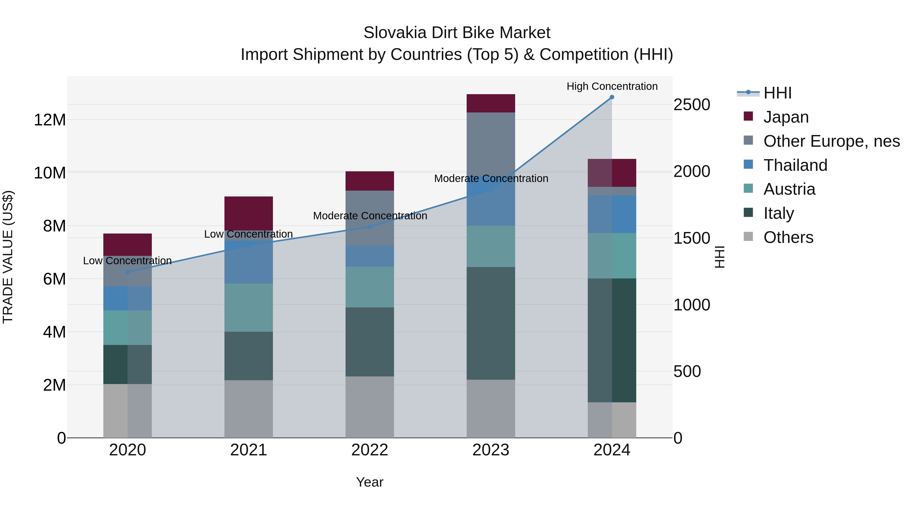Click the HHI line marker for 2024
point(612,97)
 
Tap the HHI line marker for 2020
point(128,272)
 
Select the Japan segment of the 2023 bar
point(491,103)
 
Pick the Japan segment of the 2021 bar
point(248,213)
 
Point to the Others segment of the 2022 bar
point(370,407)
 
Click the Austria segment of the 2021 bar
point(248,308)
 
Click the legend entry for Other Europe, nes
point(831,141)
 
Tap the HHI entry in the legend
point(777,93)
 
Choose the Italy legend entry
point(778,213)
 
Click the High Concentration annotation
point(612,86)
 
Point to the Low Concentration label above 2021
point(248,234)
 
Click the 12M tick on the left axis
point(50,120)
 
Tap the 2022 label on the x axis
point(370,450)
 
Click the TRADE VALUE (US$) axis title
point(8,257)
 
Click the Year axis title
point(370,482)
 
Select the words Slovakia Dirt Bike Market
point(457,33)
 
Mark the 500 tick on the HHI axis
point(687,371)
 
